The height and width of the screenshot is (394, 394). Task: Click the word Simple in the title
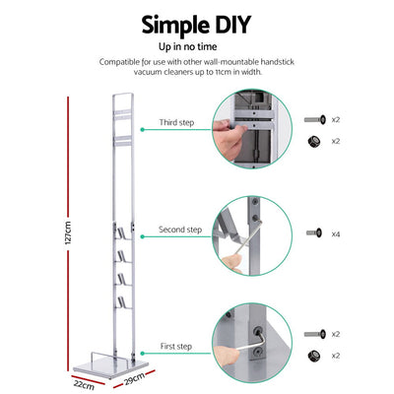coord(174,24)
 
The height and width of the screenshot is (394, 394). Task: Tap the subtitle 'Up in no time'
coord(196,45)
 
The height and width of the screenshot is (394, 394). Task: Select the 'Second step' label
coord(180,230)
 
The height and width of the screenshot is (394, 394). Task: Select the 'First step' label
coord(175,348)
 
